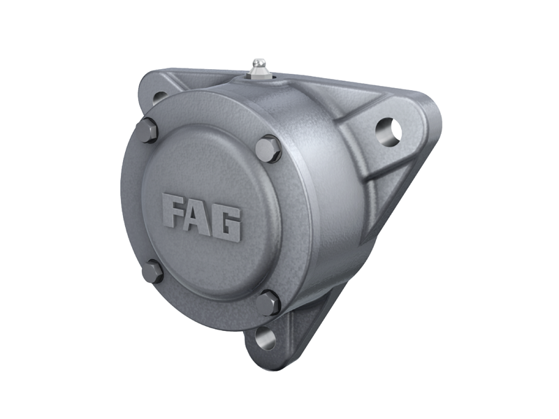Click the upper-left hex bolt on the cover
click(148, 131)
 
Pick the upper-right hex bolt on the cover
click(268, 149)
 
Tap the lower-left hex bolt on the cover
click(152, 271)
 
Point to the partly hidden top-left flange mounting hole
click(159, 97)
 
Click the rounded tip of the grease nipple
click(259, 62)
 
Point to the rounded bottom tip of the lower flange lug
click(260, 353)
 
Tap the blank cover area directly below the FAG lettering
click(203, 262)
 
